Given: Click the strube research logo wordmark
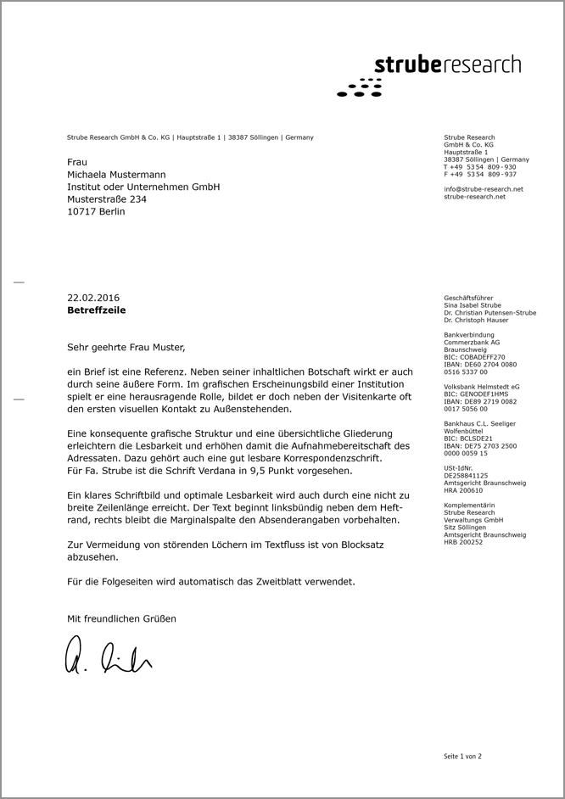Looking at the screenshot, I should (x=447, y=65).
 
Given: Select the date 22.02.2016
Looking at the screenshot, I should (x=93, y=298).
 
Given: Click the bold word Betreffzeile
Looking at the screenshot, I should (x=97, y=310).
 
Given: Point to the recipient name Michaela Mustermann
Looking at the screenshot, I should (x=116, y=174).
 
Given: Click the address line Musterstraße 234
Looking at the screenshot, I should (x=107, y=199).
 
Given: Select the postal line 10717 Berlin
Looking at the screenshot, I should (x=96, y=212).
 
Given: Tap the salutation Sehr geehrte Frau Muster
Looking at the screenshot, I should (x=125, y=347).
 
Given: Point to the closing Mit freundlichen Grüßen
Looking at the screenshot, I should (x=121, y=619).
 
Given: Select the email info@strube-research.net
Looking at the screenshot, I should (x=483, y=189).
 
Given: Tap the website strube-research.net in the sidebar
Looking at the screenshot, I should (x=474, y=197).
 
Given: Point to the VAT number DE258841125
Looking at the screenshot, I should (x=467, y=476).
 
